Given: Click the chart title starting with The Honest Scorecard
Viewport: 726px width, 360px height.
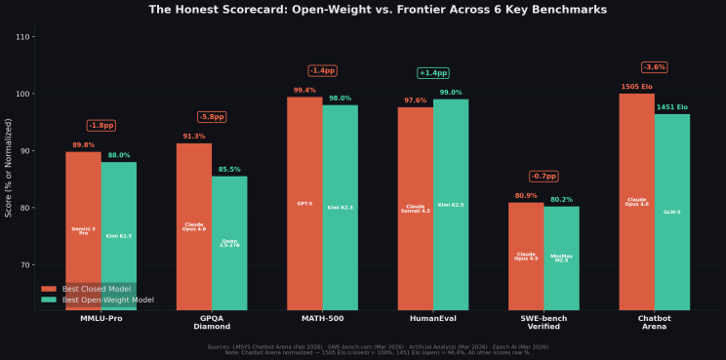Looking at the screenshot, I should coord(363,10).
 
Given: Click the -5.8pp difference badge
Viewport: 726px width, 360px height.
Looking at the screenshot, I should coord(212,117).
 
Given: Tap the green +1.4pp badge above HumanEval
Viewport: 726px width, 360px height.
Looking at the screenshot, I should coord(432,73).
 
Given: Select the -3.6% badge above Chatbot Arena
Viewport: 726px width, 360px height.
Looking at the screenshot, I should coord(654,67).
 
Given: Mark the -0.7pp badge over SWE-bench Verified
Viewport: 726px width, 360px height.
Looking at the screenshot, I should coord(544,177).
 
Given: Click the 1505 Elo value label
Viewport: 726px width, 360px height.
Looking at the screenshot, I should coord(636,87).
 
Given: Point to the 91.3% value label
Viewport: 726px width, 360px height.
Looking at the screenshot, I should coord(194,137).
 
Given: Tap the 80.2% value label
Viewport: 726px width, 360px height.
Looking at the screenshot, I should coord(561,200).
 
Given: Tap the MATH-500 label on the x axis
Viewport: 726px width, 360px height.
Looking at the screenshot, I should coord(322,319).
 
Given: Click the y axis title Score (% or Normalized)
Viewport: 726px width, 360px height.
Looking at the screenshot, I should coord(9,174).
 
